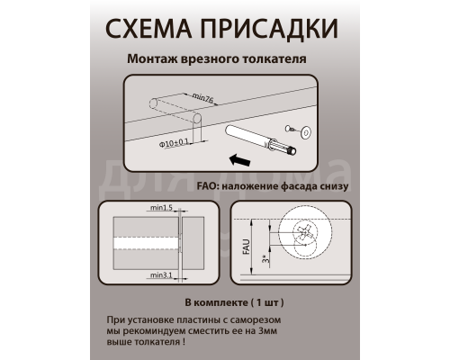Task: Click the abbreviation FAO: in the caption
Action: coord(209,186)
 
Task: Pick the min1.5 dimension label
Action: coord(162,208)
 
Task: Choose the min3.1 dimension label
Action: coord(162,274)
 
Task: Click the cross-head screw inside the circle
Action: coord(305,235)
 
